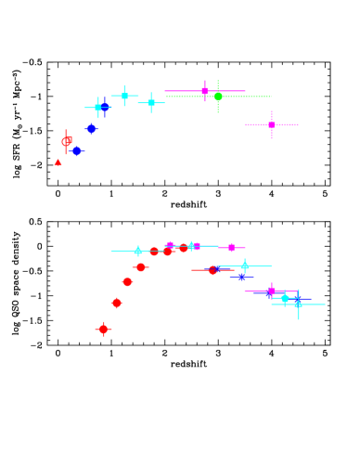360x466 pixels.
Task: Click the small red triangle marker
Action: (58, 162)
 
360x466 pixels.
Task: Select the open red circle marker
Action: (66, 142)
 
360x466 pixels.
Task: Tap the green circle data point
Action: (218, 97)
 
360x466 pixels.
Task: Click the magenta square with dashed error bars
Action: (271, 124)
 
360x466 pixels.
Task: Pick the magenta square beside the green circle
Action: (204, 91)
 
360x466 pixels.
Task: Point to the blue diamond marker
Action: (91, 129)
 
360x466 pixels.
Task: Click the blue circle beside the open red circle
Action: (77, 150)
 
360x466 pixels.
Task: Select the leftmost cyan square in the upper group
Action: (97, 108)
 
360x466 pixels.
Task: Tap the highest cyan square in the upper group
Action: (124, 96)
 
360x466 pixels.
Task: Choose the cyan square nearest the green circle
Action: (151, 102)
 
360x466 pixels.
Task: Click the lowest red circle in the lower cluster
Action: (104, 329)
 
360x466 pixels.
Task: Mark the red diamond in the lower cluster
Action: (117, 303)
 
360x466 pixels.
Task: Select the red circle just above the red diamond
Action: (127, 282)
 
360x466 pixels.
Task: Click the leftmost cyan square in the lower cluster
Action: (137, 251)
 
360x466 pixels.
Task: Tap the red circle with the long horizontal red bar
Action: (212, 270)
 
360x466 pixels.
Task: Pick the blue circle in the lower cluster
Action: (242, 277)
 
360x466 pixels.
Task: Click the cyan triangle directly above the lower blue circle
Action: (245, 265)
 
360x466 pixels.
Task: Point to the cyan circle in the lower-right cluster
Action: (285, 299)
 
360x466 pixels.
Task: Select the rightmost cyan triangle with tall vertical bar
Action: (298, 304)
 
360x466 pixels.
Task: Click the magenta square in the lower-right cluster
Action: (271, 291)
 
